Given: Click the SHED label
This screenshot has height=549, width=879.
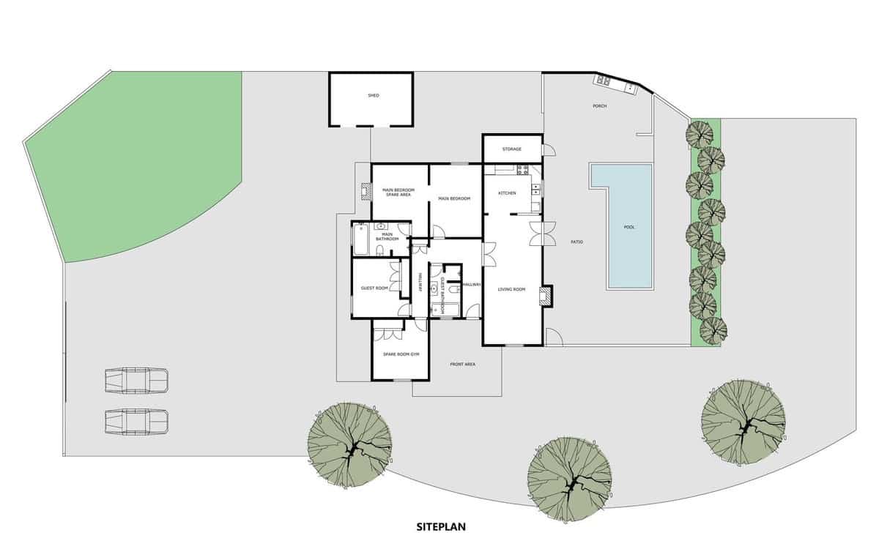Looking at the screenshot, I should (x=374, y=96).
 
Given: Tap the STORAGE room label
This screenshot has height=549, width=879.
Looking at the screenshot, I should (x=511, y=149).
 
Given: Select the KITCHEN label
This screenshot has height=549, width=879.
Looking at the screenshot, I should (x=507, y=193).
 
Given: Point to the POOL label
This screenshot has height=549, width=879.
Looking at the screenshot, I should (x=628, y=227).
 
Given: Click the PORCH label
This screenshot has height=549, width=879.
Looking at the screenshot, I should (x=599, y=106).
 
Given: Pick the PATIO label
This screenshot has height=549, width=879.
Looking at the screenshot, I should (x=577, y=242).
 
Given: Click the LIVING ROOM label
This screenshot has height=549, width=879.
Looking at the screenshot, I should (x=512, y=290).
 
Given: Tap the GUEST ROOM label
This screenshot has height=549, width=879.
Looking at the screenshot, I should (x=374, y=288).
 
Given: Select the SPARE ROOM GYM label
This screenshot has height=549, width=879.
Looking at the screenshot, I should (x=400, y=355).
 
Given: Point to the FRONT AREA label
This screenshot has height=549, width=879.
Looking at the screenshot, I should (x=463, y=364).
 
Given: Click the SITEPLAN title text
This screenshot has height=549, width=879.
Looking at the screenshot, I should (x=441, y=526).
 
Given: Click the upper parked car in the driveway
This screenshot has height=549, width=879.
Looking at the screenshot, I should (x=137, y=381).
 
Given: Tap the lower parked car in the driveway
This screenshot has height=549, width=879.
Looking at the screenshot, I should (x=137, y=421).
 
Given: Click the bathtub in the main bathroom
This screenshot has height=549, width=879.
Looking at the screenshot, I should (x=363, y=239).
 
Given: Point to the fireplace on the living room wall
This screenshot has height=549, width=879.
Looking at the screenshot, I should (x=546, y=296).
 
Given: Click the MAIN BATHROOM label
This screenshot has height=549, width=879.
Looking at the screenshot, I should (x=387, y=236).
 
